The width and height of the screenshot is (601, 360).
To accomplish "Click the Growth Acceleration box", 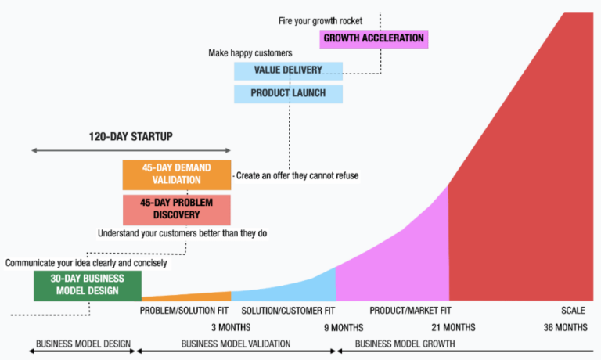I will (x=373, y=38).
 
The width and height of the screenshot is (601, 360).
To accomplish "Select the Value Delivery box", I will (x=288, y=70).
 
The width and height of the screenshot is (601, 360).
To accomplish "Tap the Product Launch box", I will (x=288, y=93).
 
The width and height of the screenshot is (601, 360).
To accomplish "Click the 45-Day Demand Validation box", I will (x=177, y=174).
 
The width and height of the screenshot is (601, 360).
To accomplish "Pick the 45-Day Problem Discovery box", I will (x=177, y=209).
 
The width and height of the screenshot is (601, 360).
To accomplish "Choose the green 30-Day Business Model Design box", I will (x=87, y=285).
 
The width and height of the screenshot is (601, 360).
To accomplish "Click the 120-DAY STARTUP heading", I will (x=131, y=137).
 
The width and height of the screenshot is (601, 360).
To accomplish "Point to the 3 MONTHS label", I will (x=230, y=326).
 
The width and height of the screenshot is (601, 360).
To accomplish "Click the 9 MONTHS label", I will (x=343, y=326).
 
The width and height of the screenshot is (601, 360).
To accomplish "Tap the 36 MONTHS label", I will (x=565, y=326).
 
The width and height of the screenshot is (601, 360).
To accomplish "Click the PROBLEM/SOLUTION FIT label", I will (x=185, y=310).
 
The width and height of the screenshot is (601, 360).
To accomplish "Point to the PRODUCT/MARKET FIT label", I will (x=410, y=310).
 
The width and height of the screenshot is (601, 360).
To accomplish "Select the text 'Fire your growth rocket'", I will (x=320, y=20).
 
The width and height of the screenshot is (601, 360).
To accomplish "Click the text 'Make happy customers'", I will (x=250, y=53).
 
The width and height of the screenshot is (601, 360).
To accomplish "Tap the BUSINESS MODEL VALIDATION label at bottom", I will (x=236, y=344).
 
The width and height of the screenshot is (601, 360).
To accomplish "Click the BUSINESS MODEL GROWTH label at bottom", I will (x=405, y=344).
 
